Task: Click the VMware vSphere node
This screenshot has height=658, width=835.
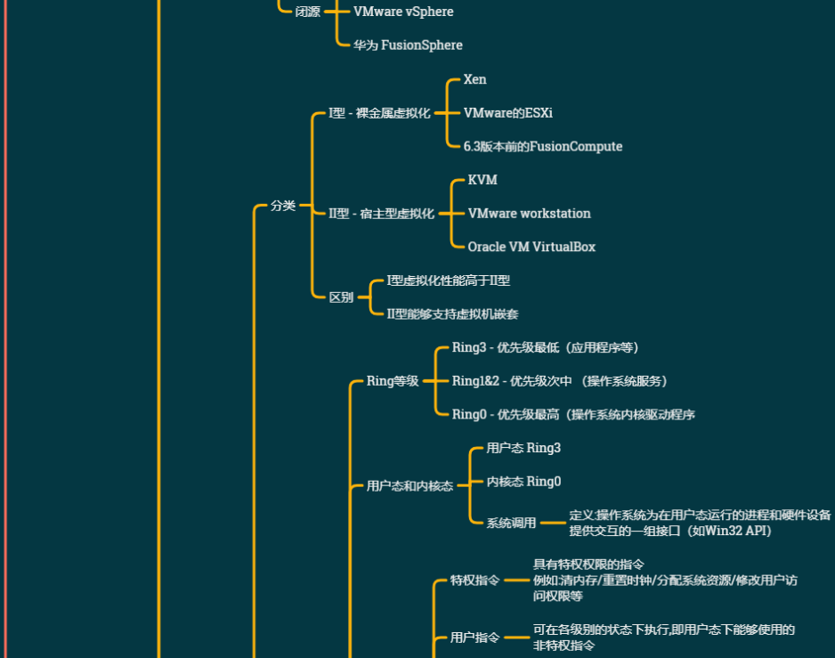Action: pos(403,12)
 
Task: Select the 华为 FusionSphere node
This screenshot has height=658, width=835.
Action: pos(408,45)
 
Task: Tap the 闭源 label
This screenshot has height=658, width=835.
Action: pos(308,12)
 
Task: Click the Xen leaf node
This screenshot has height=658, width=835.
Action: pos(475,79)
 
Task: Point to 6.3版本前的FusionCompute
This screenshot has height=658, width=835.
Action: pos(543,146)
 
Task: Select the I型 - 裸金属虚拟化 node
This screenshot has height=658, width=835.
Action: pos(379,113)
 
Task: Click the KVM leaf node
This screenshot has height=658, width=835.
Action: pos(482,180)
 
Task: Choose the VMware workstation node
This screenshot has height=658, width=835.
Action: pos(529,214)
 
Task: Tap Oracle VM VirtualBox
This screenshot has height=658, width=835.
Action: pos(531,247)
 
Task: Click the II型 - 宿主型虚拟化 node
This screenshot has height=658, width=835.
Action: pos(381,214)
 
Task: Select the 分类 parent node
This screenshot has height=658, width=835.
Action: pos(283,206)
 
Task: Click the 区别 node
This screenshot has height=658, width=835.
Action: pos(341,297)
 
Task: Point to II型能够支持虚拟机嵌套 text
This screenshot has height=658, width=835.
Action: pos(453,313)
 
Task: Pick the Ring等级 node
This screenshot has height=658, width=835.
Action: pos(393,381)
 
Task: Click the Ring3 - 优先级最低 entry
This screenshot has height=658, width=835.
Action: pos(545,347)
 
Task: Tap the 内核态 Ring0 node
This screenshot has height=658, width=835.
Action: pos(523,482)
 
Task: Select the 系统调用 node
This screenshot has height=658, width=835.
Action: pos(511,523)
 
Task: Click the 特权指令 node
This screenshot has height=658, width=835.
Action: pos(474,581)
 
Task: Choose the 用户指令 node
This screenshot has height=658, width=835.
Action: pos(474,638)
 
